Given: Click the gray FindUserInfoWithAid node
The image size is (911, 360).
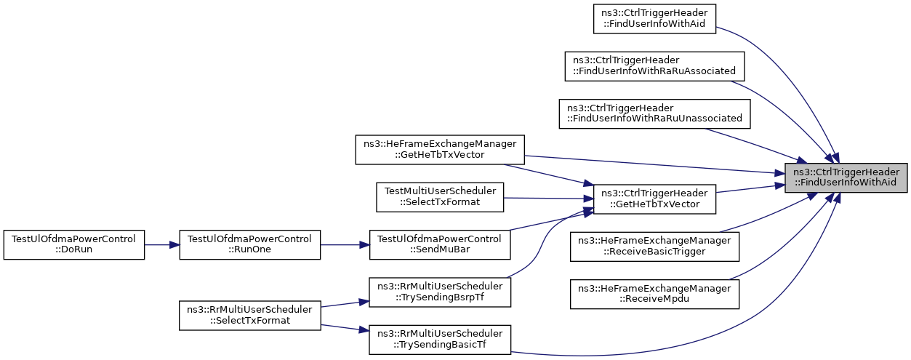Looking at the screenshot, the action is click(846, 177).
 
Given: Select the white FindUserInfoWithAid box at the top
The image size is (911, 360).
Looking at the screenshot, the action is click(654, 19).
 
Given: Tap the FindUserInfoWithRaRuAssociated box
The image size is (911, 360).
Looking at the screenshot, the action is click(654, 66).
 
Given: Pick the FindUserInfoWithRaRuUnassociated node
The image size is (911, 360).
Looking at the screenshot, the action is click(654, 114).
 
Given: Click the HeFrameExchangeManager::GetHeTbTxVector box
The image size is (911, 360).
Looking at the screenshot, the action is click(440, 150).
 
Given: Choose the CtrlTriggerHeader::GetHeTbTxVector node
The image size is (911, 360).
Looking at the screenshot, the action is click(654, 199).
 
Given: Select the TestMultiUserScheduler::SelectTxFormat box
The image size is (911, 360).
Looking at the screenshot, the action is click(440, 197).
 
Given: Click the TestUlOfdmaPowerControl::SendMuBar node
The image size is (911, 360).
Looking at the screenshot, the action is click(440, 244).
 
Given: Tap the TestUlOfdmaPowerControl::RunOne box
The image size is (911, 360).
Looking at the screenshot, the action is click(249, 244).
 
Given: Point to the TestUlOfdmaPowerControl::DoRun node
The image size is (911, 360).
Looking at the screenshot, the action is click(74, 244).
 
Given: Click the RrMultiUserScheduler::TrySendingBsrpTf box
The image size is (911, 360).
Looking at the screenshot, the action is click(440, 292).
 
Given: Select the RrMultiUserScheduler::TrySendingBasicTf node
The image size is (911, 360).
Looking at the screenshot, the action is click(440, 339).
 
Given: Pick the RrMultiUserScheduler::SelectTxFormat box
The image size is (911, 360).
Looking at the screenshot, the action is click(249, 316).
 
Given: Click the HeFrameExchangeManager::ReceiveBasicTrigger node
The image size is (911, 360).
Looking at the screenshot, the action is click(654, 247).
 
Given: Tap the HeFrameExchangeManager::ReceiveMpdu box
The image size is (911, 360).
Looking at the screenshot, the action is click(654, 294).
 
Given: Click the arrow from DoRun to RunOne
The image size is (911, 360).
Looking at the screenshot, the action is click(162, 245).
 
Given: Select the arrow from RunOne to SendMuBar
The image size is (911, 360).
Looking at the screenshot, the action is click(345, 245).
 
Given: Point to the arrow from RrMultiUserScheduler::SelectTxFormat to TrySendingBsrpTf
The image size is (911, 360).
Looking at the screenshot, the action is click(345, 304).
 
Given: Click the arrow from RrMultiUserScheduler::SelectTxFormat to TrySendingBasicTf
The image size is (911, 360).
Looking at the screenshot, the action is click(345, 328).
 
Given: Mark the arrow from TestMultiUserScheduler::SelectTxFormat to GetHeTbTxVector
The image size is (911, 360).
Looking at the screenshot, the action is click(548, 199).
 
